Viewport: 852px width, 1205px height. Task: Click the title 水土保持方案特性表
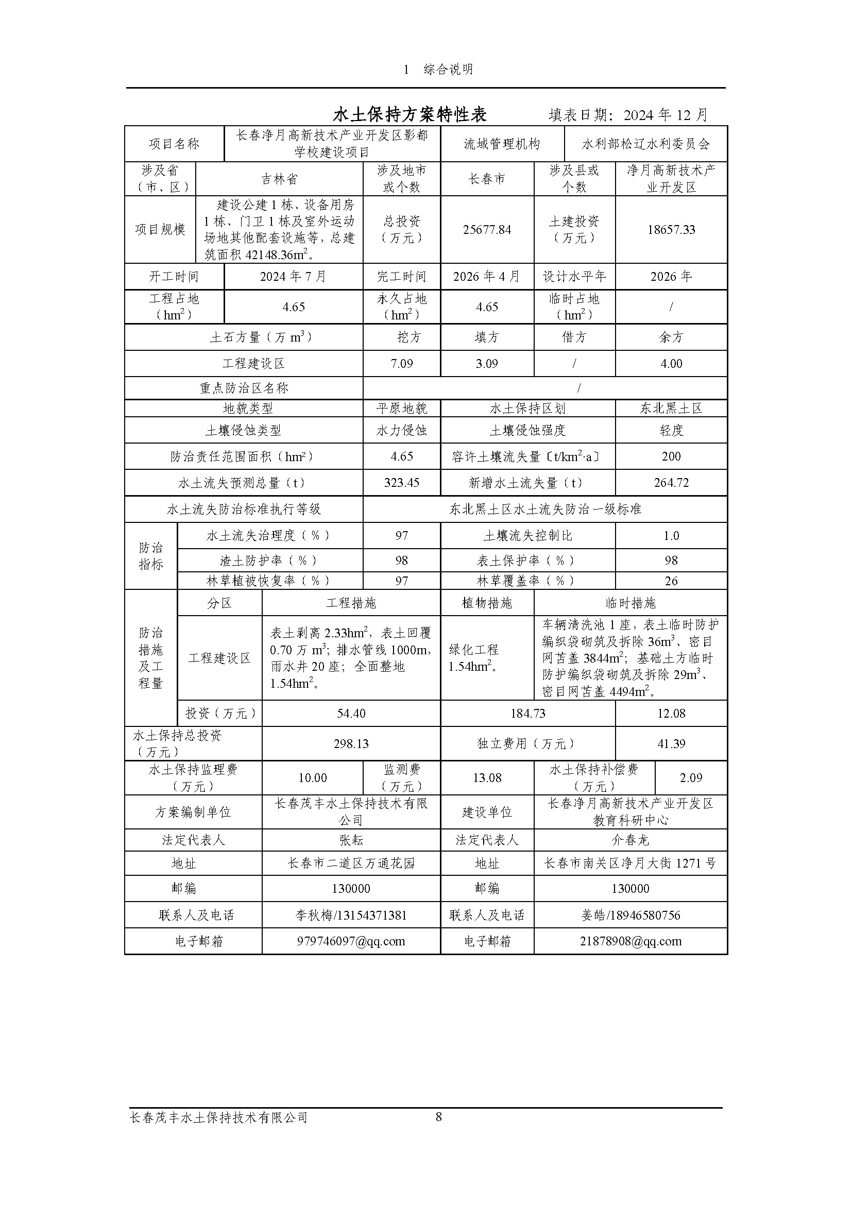click(x=410, y=114)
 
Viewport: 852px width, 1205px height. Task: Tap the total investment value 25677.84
click(x=487, y=230)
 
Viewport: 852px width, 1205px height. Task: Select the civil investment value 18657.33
click(x=671, y=230)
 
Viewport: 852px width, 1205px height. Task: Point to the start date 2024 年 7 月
click(x=293, y=277)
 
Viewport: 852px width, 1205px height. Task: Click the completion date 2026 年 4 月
click(x=487, y=277)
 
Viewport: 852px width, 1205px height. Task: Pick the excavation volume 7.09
click(x=401, y=364)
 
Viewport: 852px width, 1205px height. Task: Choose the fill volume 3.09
click(x=487, y=364)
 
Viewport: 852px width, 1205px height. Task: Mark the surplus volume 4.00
click(x=671, y=364)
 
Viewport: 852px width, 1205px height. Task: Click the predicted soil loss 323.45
click(x=401, y=483)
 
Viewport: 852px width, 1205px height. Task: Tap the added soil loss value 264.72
click(x=671, y=483)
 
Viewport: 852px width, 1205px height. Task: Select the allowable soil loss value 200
click(x=671, y=456)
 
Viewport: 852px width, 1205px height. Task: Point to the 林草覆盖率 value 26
click(x=671, y=581)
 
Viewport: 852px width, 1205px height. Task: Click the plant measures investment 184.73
click(x=528, y=713)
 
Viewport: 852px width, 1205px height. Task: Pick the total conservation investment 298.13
click(x=351, y=744)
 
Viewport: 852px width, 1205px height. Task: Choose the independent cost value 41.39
click(x=671, y=744)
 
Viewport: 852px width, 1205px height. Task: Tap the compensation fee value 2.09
click(x=690, y=778)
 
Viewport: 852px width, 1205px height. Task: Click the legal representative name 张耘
click(x=351, y=840)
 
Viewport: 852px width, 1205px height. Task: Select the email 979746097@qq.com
click(x=351, y=941)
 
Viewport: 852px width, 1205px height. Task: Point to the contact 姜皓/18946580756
click(x=630, y=915)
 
